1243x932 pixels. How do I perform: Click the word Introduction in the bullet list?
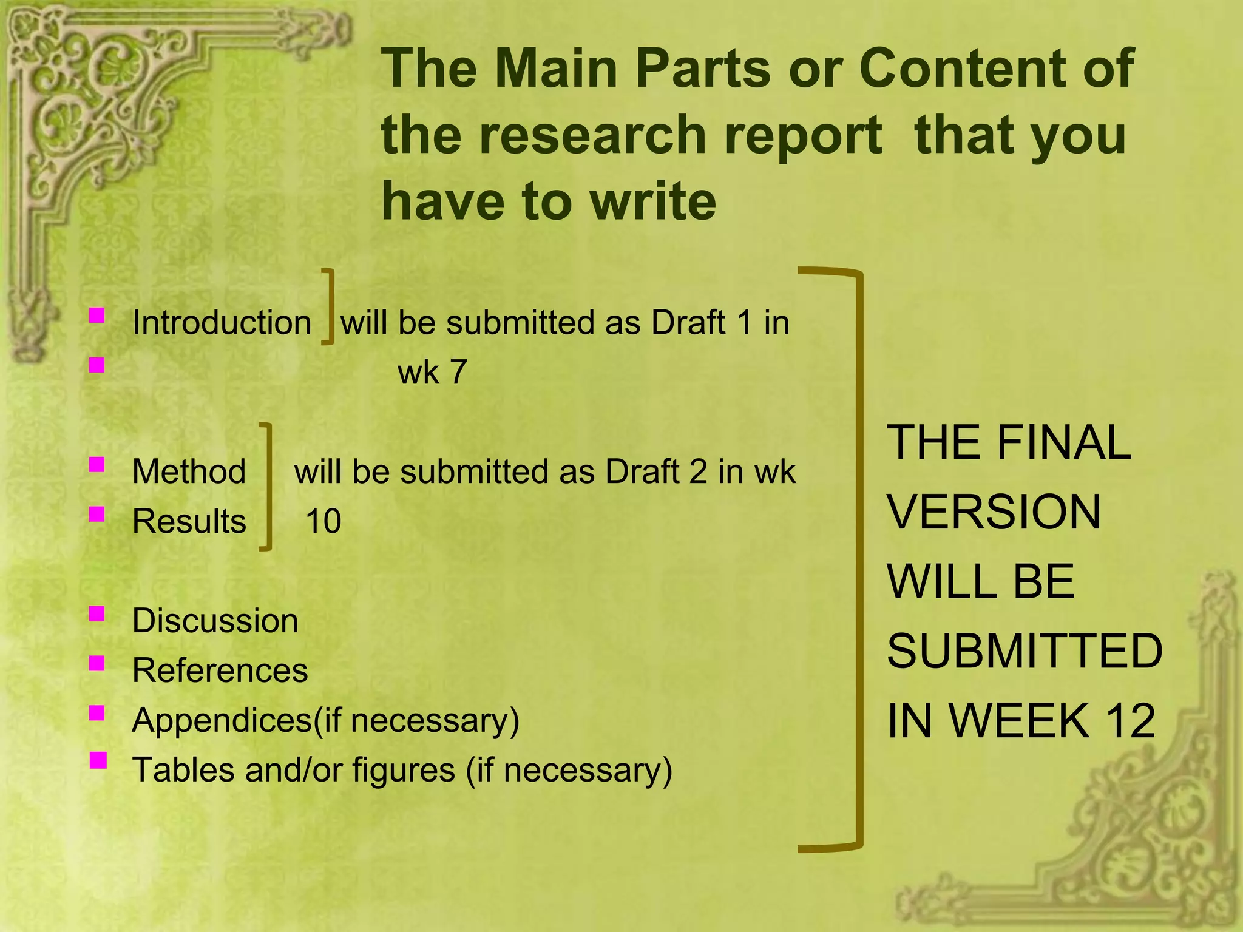[x=222, y=322]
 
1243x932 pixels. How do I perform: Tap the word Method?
[x=189, y=471]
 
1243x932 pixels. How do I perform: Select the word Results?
[x=189, y=521]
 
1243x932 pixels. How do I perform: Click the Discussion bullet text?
[x=215, y=621]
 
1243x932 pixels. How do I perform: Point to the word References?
[x=220, y=670]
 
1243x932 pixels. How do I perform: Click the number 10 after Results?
[x=323, y=521]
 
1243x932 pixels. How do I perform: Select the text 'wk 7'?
[x=432, y=372]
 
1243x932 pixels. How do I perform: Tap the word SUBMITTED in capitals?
[x=1025, y=651]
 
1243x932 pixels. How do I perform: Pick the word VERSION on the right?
[x=994, y=512]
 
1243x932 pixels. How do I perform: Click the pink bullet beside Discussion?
[x=97, y=614]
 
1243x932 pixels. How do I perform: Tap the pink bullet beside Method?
[x=97, y=465]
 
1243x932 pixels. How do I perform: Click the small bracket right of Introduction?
[x=328, y=306]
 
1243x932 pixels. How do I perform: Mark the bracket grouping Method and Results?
[x=266, y=487]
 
